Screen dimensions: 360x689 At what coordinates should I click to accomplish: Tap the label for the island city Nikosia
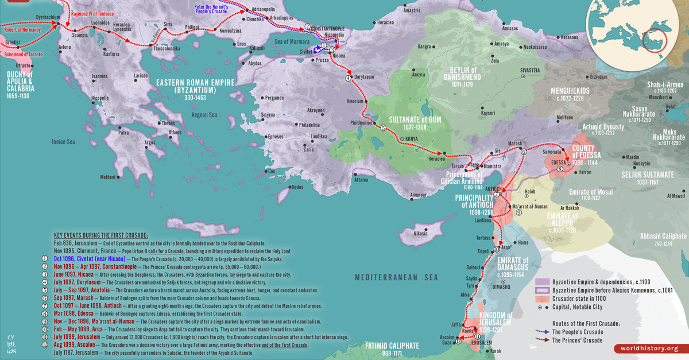coord(421,234)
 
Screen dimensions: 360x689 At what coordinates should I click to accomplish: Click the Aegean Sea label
coord(204,115)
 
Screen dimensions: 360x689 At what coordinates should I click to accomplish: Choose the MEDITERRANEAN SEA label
coord(396,277)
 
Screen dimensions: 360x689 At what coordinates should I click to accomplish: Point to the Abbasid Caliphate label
coord(663,236)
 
